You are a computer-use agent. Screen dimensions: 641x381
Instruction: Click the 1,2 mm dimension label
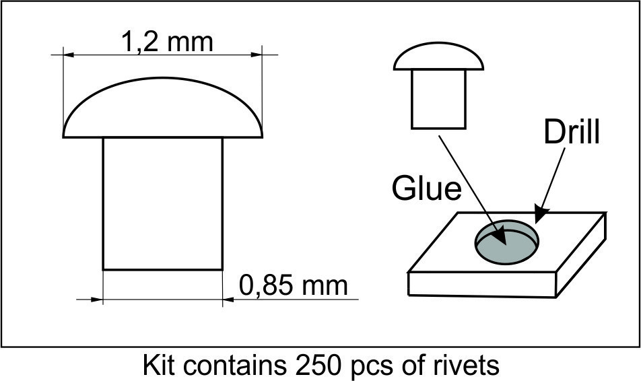pos(167,42)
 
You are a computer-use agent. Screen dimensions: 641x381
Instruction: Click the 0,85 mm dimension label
pos(293,285)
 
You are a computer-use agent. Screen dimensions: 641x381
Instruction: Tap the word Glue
pos(426,188)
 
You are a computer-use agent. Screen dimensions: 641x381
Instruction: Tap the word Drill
pos(572,131)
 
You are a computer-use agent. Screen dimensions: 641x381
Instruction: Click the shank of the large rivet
pos(163,203)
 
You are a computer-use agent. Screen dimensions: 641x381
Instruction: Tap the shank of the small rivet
pos(438,100)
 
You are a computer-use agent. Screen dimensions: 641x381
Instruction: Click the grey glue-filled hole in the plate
pos(506,244)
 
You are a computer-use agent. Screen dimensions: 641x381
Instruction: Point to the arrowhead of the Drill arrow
pos(541,215)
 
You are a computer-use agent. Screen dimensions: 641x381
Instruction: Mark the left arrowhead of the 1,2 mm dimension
pos(69,55)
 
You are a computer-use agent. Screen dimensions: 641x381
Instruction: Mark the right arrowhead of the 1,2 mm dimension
pos(257,55)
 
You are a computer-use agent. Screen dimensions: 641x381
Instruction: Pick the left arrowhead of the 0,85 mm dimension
pos(96,300)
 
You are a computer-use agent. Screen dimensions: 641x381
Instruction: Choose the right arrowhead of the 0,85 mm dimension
pos(228,300)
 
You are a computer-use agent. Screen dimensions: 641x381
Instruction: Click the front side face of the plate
pos(482,285)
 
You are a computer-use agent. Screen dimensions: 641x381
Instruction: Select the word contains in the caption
pos(234,365)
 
